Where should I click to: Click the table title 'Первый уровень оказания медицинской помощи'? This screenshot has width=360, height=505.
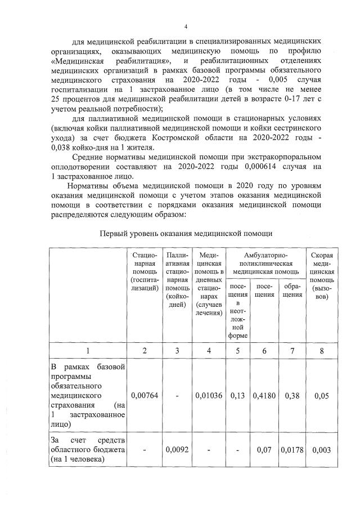point(186,233)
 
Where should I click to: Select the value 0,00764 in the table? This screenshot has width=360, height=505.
point(145,396)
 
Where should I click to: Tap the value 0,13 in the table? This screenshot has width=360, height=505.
point(237,396)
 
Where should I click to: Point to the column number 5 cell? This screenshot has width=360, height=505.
point(237,351)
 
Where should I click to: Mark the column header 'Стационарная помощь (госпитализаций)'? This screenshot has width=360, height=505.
point(145,271)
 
